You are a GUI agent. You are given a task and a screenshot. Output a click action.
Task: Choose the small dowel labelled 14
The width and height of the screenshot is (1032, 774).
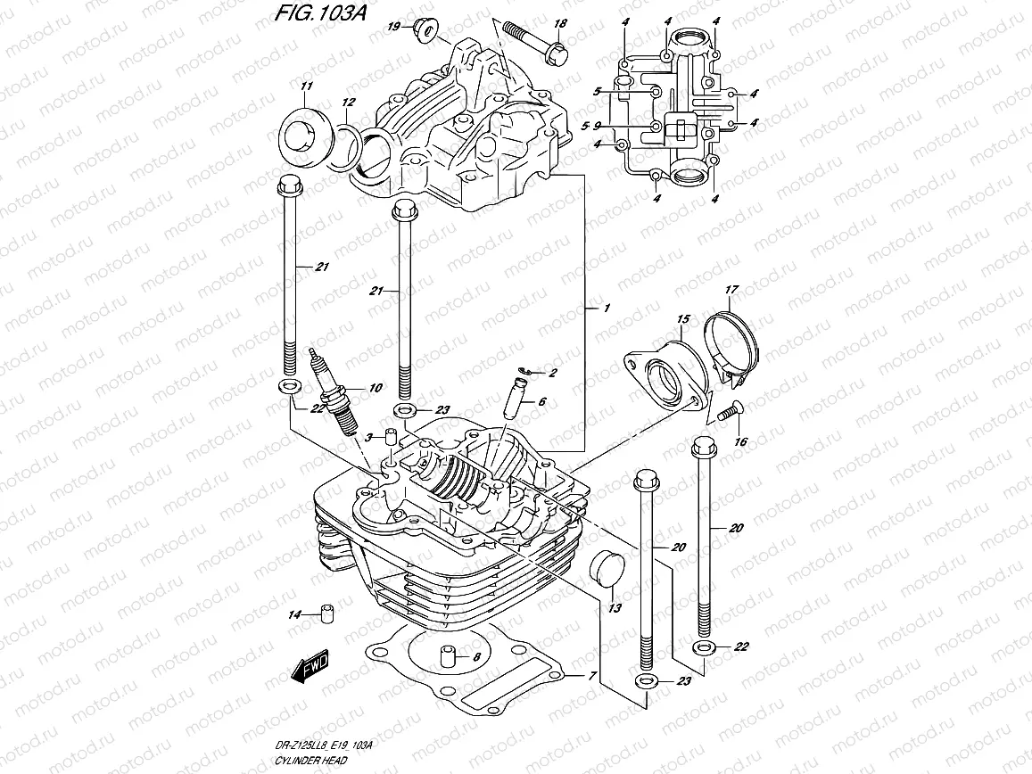coord(326,613)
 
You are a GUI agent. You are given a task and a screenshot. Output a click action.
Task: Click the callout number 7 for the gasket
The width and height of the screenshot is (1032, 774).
coord(590,676)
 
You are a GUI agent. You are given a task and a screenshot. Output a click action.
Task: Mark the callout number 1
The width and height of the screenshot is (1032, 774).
coord(606,308)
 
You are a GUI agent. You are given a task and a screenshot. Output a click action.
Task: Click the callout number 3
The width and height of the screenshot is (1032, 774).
coord(367,435)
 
